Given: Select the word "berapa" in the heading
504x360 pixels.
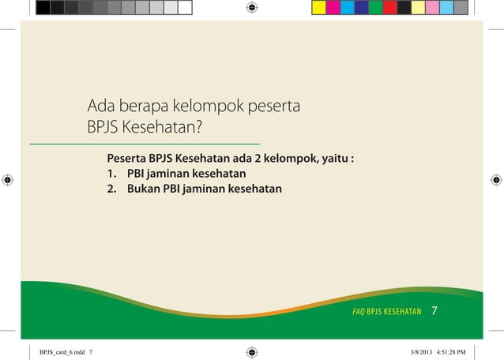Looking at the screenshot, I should coord(143,105).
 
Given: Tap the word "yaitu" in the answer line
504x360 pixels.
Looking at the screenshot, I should coord(333,158).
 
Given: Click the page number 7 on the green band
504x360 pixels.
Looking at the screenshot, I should coord(434,311).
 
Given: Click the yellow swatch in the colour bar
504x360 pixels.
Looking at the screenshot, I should coord(319,7).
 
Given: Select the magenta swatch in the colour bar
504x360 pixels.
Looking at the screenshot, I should coord(333,7).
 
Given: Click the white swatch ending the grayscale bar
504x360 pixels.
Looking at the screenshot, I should coord(185,7).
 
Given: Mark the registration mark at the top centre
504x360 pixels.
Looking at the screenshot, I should coord(252,8).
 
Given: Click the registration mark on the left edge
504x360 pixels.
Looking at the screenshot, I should coord(8,180).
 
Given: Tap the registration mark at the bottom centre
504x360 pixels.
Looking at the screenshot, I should coord(252,351).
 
